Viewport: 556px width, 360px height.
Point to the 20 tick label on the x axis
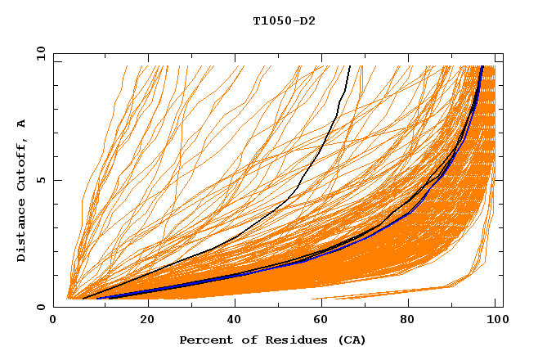[x=147, y=320]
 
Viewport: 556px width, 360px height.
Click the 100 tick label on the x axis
[x=496, y=320]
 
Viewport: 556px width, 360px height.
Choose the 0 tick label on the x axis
[x=54, y=320]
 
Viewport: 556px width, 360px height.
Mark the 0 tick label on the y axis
[x=41, y=307]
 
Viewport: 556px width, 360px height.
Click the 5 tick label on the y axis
[x=41, y=180]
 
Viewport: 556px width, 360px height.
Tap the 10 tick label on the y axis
[x=38, y=53]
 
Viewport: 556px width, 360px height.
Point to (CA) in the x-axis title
[x=349, y=340]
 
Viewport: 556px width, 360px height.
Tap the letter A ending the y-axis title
[x=21, y=123]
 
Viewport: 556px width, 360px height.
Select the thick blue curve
[x=245, y=274]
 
